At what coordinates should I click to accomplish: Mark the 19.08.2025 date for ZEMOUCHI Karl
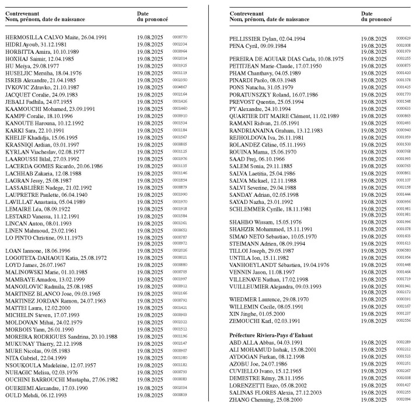(x=375, y=321)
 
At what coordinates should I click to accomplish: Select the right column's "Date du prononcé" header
(x=376, y=16)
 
